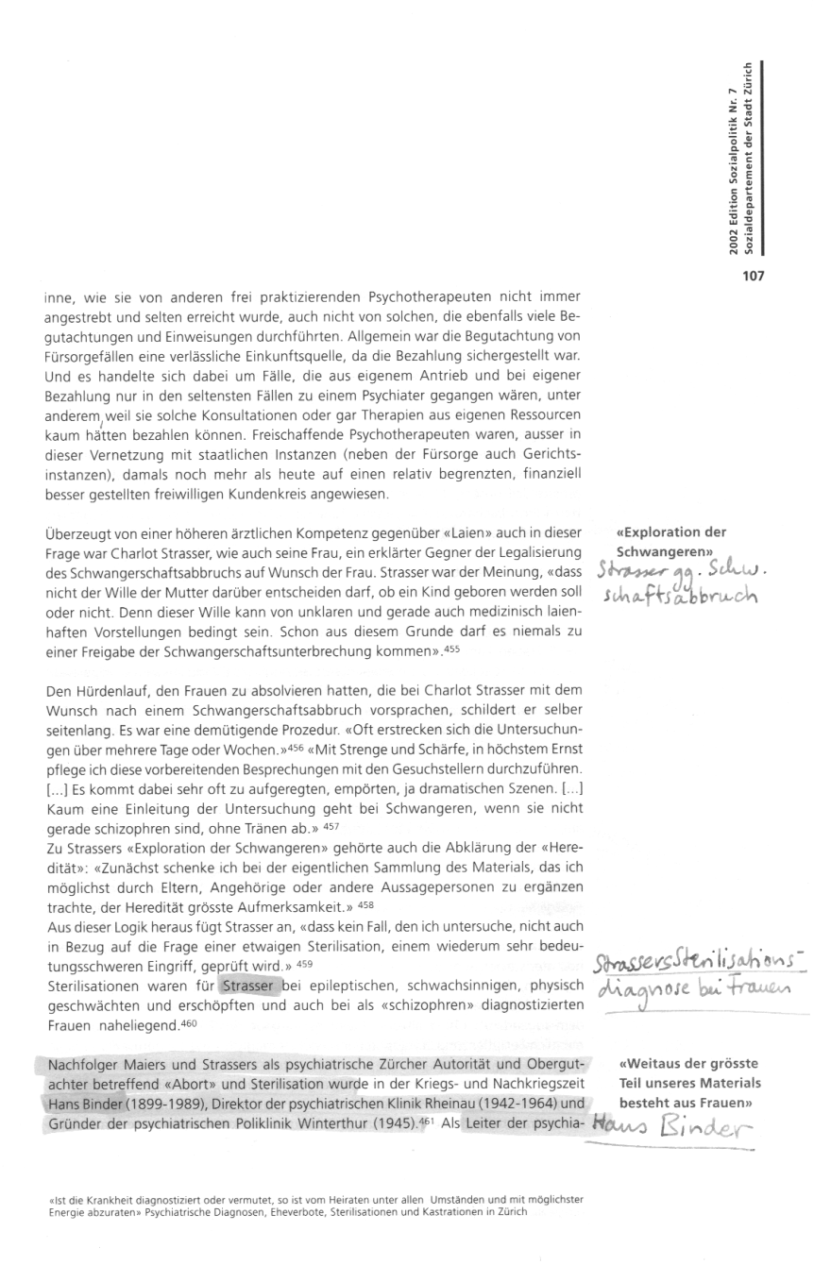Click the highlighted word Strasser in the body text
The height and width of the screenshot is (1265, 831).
pos(249,987)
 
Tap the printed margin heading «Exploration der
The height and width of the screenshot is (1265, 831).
pos(671,531)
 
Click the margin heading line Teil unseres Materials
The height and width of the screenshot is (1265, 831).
pos(690,1083)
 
